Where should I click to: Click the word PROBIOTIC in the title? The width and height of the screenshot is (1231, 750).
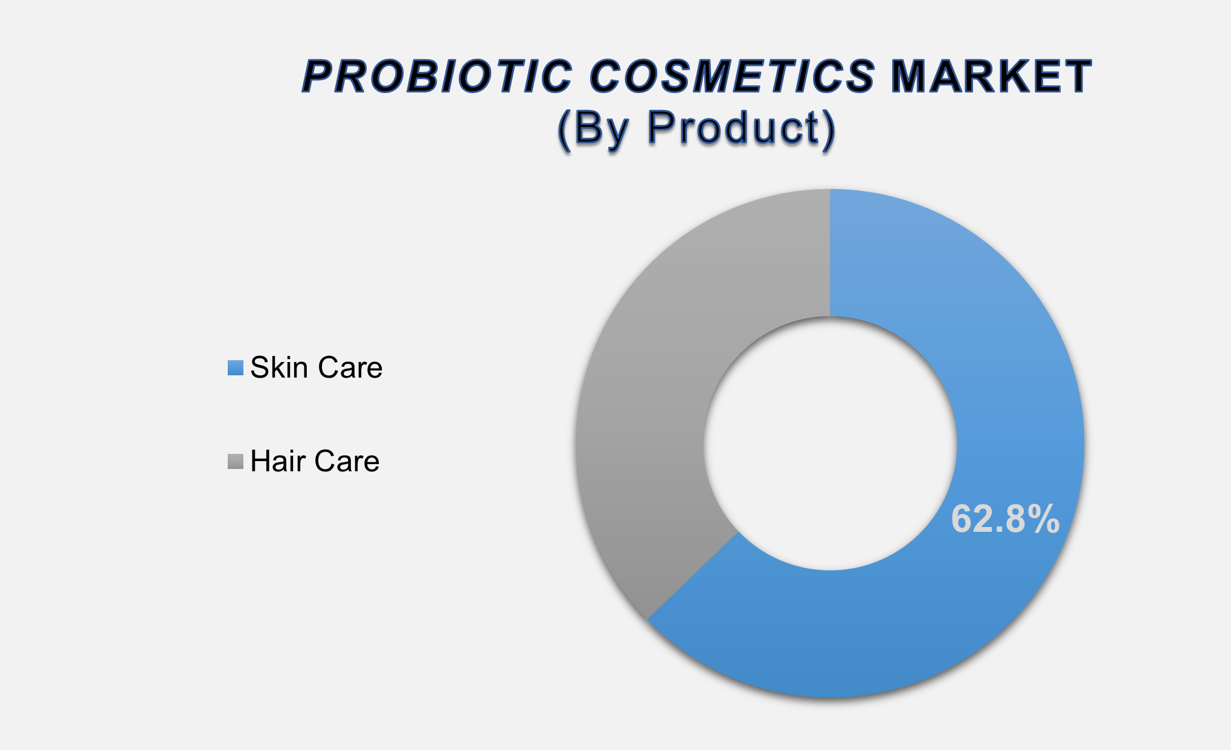tap(437, 77)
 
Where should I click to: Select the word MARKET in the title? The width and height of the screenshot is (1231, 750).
tap(991, 77)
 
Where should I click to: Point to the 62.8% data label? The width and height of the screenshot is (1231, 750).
tap(1005, 519)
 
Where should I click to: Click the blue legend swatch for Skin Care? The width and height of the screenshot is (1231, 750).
tap(236, 368)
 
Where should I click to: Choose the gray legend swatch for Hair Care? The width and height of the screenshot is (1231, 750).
tap(236, 461)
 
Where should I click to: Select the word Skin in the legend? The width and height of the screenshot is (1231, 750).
tap(280, 367)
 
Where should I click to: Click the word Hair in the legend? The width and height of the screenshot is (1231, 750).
tap(276, 461)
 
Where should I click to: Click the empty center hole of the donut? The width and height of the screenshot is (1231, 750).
tap(830, 443)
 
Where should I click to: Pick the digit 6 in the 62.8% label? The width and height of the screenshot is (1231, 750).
tap(962, 519)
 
